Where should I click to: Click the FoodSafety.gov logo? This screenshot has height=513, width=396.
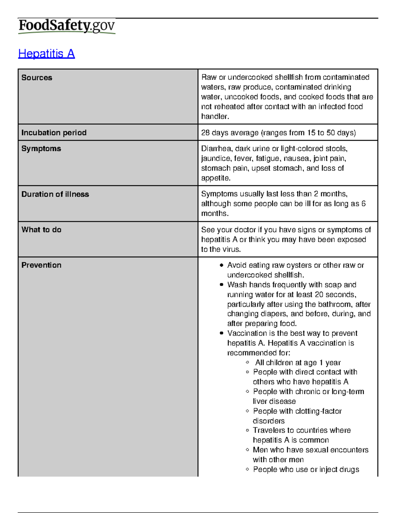pos(67,26)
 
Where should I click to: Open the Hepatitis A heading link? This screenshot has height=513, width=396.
pos(47,54)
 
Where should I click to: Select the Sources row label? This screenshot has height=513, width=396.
pos(37,78)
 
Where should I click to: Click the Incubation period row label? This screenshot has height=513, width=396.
pos(54,133)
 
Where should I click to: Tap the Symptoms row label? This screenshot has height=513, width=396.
pos(41,149)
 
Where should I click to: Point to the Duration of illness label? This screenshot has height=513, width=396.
pos(55,194)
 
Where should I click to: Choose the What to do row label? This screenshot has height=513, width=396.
pos(41,230)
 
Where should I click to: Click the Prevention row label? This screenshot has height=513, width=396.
pos(41,265)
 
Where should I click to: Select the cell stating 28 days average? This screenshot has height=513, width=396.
pos(278,133)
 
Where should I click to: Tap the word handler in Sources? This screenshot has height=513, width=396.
pos(214,117)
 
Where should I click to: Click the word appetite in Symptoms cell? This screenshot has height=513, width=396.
pos(215,178)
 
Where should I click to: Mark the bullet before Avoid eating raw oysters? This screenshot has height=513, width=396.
pos(221,265)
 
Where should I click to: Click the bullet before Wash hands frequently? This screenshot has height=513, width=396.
pos(221,285)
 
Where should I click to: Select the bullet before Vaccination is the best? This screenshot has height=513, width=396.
pos(221,333)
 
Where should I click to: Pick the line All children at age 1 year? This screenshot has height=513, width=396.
pos(298,363)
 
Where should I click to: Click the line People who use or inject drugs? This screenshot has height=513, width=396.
pos(306,469)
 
